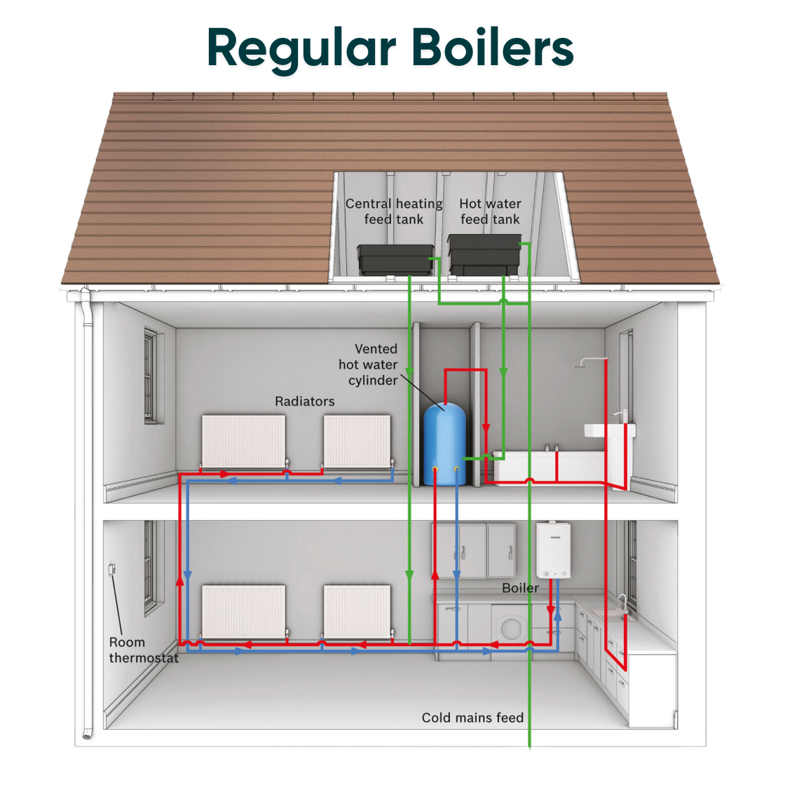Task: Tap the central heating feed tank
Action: pos(395,260)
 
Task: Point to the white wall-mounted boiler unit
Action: pos(553,551)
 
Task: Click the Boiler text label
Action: pos(520,588)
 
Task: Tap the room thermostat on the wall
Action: pos(111,570)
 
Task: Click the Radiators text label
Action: pos(304,402)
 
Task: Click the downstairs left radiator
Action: pos(243,611)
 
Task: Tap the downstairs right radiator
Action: pos(357,611)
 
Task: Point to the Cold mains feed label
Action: pos(472,718)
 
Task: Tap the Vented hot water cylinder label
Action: pos(368,364)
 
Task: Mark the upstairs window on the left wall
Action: pos(150,376)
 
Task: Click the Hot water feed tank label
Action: pos(490,212)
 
